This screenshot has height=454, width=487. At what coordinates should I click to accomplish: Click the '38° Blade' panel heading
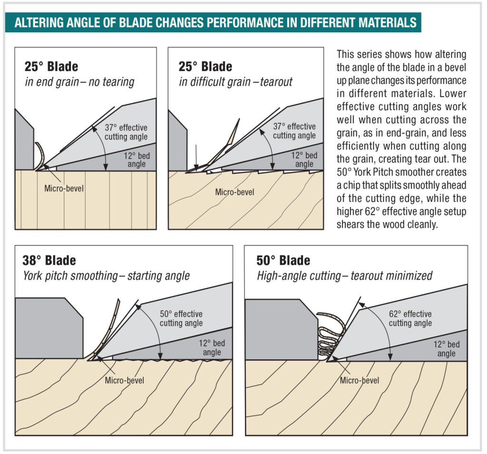tap(49, 260)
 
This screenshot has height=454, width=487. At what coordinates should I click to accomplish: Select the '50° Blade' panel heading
tap(283, 260)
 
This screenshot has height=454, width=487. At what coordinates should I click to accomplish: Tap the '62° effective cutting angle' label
tap(410, 318)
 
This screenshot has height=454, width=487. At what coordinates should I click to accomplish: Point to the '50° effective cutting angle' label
tap(181, 318)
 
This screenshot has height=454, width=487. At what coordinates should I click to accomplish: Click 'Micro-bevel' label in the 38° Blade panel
tap(124, 380)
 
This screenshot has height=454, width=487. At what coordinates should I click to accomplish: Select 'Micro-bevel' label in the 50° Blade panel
tap(360, 380)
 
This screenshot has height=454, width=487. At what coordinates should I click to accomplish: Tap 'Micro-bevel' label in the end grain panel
tap(64, 189)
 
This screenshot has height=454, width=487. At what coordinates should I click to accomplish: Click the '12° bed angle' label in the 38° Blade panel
tap(212, 347)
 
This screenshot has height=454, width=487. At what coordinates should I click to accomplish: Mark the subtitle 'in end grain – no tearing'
tap(79, 82)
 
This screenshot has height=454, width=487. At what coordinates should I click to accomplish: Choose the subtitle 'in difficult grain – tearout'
tap(235, 82)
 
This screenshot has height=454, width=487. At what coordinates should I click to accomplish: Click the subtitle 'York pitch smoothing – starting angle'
tap(106, 276)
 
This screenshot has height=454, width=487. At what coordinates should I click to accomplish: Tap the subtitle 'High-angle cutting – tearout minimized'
tap(344, 276)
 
